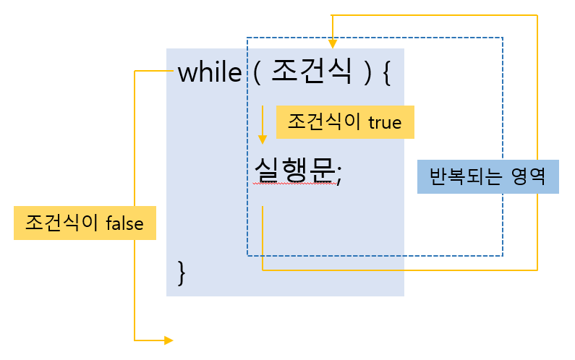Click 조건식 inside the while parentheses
point(312,73)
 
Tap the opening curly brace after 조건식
point(386,74)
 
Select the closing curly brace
point(182,272)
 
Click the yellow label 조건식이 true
point(344,122)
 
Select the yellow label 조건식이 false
point(85,223)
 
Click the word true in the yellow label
point(384,123)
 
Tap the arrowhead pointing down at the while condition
point(333,43)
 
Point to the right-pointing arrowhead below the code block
point(169,339)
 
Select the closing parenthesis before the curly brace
point(367,74)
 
